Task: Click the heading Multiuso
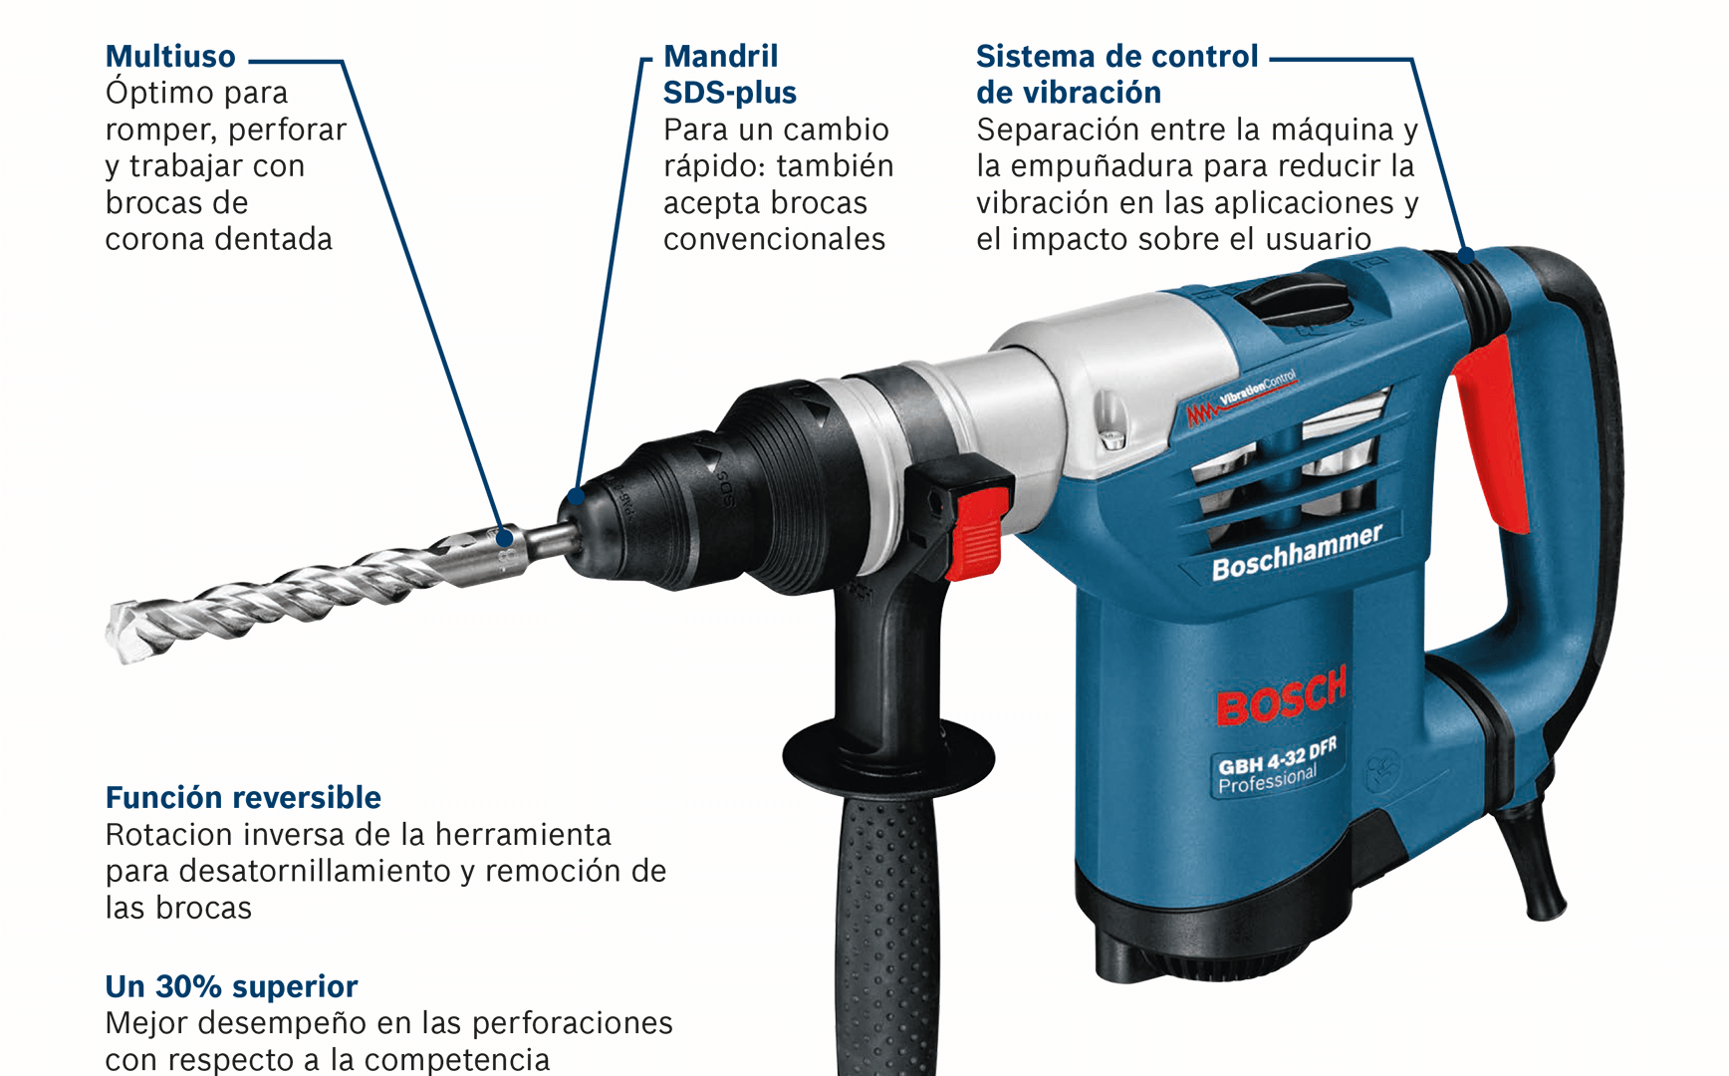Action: [170, 56]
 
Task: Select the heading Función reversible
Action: [243, 797]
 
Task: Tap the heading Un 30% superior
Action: [231, 986]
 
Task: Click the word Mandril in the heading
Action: [721, 56]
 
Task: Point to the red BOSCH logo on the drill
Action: [1282, 695]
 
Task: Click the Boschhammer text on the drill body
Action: [1297, 553]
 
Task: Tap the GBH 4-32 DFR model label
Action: [1277, 756]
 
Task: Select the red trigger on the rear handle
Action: [1491, 433]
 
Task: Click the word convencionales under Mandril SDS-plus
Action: [774, 239]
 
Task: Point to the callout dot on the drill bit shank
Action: [505, 538]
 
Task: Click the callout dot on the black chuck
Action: [576, 495]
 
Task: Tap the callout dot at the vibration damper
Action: [1466, 254]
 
